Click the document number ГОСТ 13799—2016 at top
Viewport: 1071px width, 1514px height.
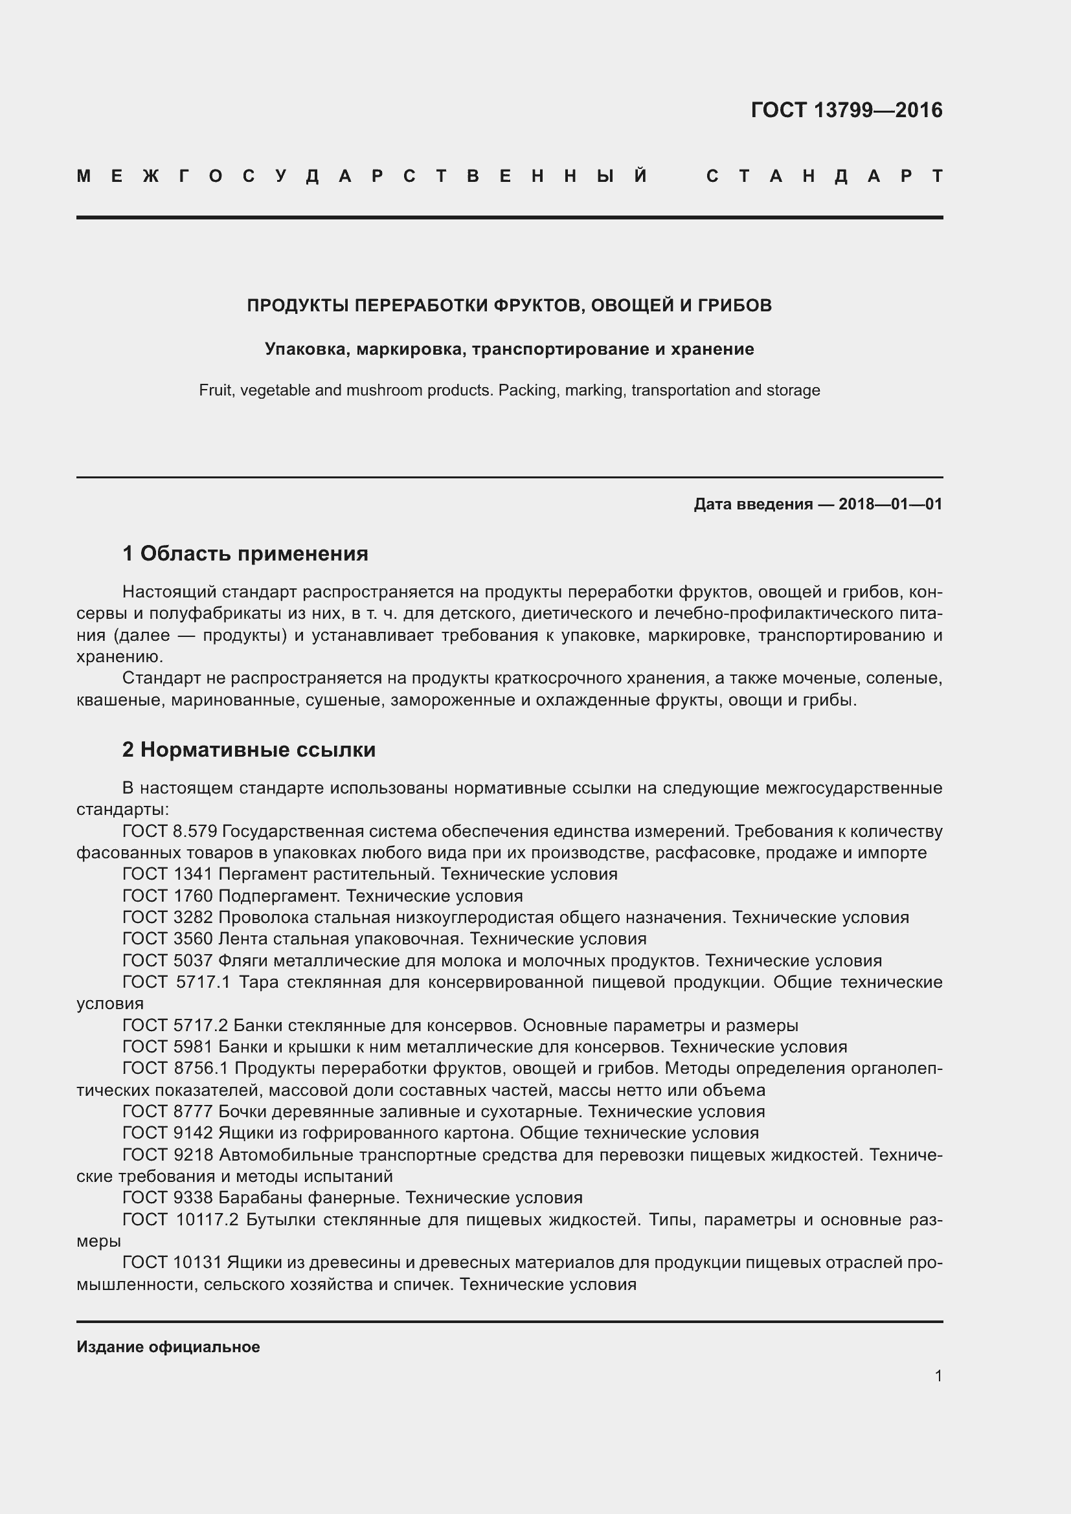point(846,110)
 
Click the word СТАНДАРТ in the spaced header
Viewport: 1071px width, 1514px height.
point(824,177)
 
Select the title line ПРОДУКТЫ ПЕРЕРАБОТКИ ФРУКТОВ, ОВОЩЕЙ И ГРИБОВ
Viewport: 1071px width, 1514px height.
point(509,306)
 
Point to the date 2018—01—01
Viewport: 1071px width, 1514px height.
point(890,504)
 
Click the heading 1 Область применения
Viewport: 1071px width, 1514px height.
point(245,553)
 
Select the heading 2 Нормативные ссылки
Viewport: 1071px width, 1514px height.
point(249,750)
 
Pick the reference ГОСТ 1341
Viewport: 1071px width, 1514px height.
point(168,874)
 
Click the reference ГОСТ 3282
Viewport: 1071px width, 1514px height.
point(168,917)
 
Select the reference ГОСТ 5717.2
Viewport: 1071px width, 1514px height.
point(175,1025)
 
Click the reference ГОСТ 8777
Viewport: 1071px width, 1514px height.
point(168,1112)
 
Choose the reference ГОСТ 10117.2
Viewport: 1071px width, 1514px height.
point(180,1220)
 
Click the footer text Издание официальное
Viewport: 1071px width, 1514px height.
point(168,1347)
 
